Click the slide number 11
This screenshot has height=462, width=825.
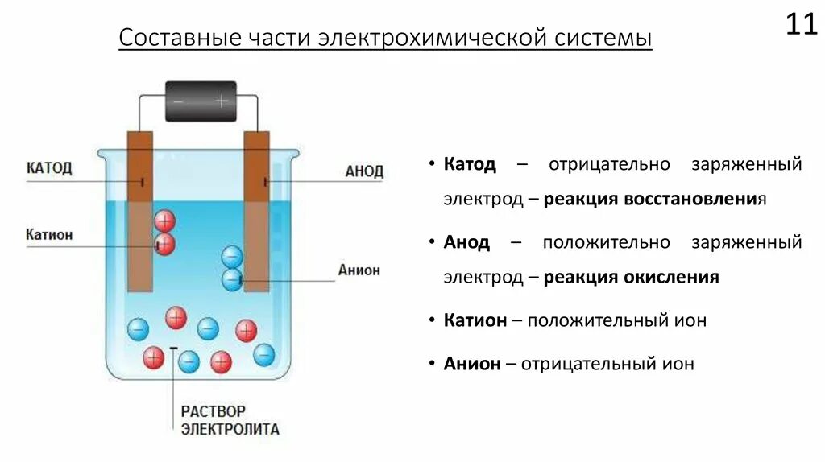[801, 24]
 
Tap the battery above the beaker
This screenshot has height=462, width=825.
[201, 101]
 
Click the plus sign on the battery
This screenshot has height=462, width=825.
[221, 101]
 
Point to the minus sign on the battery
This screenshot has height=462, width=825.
[179, 101]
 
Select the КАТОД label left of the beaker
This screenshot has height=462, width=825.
[49, 167]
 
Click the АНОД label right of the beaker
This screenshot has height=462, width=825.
[364, 171]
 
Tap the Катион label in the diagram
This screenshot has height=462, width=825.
[49, 234]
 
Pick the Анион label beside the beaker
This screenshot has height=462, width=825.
[359, 270]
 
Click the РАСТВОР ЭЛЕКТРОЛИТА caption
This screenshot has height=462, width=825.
[230, 420]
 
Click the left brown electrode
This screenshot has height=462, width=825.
[141, 209]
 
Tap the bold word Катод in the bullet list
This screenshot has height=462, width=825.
[470, 164]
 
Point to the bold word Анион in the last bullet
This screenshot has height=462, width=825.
[472, 363]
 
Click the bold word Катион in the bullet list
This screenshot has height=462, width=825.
[475, 320]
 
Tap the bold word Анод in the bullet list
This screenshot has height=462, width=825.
[466, 241]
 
